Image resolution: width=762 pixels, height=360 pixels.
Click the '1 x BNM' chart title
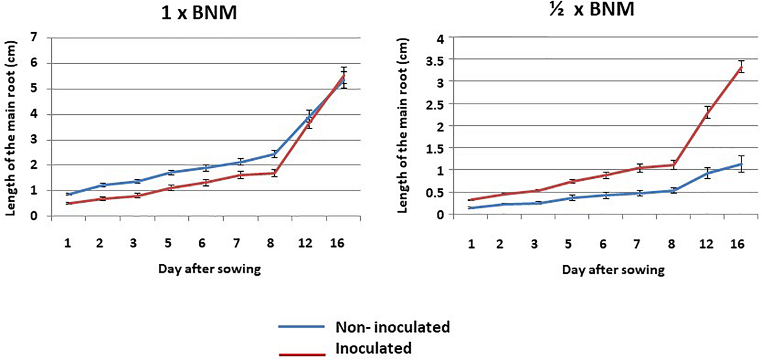point(199,13)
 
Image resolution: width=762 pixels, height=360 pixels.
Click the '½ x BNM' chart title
point(592,9)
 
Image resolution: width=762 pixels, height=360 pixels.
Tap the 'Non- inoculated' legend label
point(392,327)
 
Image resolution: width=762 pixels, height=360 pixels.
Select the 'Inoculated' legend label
point(373,348)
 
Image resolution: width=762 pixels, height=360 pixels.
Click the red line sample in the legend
point(302,354)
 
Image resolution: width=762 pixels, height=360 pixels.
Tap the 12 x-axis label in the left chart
point(305,243)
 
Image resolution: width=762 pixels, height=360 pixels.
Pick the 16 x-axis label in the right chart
point(737,244)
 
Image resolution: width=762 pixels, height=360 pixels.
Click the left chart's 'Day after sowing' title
point(209,269)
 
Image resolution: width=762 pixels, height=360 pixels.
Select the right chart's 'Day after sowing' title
point(613,270)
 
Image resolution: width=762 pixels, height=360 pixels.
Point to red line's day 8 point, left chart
point(274,173)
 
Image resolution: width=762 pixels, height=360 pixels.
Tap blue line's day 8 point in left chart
point(274,154)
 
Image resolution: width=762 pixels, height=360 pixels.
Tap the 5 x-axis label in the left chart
point(168,243)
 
